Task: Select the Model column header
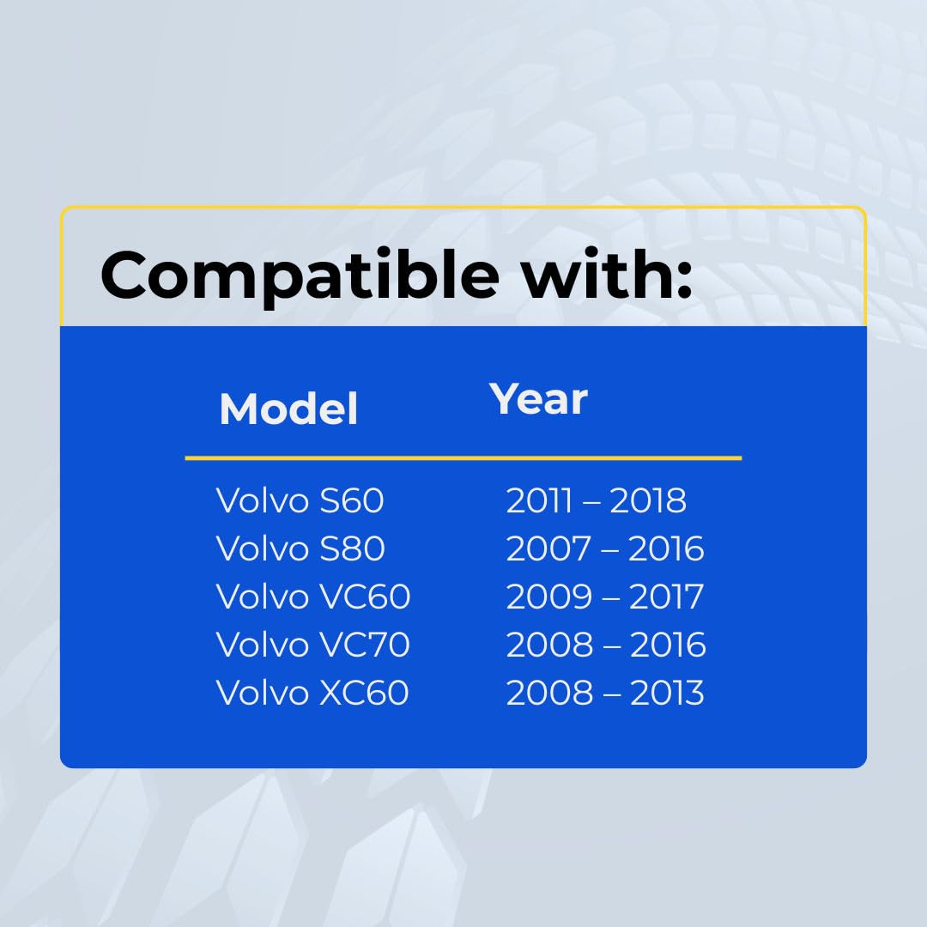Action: [288, 409]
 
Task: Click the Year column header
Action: [538, 399]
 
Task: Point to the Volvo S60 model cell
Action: [300, 500]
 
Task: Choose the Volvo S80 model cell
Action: [300, 548]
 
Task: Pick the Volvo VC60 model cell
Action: [312, 596]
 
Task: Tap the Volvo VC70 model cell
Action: [312, 644]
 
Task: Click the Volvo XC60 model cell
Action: [312, 692]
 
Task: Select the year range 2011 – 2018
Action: [596, 500]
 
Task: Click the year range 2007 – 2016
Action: [605, 548]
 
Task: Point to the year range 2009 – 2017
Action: [605, 597]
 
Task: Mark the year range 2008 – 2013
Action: [605, 693]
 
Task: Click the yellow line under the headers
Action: [463, 457]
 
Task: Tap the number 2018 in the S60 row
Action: [648, 500]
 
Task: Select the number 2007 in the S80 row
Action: [548, 548]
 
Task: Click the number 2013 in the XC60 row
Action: [667, 693]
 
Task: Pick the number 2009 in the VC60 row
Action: [549, 597]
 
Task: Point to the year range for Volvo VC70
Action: [606, 645]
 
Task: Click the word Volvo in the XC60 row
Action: [263, 692]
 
